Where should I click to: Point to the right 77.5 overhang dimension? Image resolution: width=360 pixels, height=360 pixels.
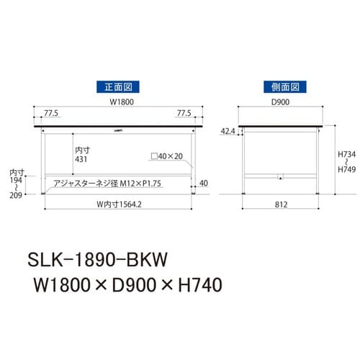point(185,114)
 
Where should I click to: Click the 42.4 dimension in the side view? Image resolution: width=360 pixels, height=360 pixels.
point(228,131)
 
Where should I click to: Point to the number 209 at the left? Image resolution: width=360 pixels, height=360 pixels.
point(17,195)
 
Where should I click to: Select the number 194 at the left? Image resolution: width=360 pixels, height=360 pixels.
point(17,181)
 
